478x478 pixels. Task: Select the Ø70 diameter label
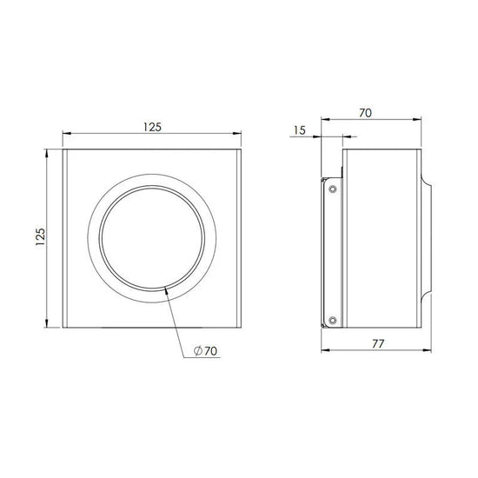[x=206, y=351]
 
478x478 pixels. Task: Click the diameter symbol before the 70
[x=196, y=351]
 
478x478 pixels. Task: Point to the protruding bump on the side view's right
[x=428, y=239]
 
